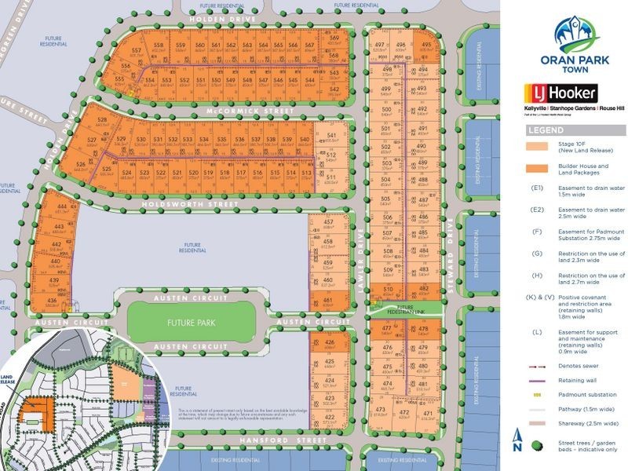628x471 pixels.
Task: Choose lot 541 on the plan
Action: [330, 137]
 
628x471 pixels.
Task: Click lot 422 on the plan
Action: [329, 418]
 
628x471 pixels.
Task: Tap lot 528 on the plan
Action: [101, 121]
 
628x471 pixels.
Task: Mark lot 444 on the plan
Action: [60, 209]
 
